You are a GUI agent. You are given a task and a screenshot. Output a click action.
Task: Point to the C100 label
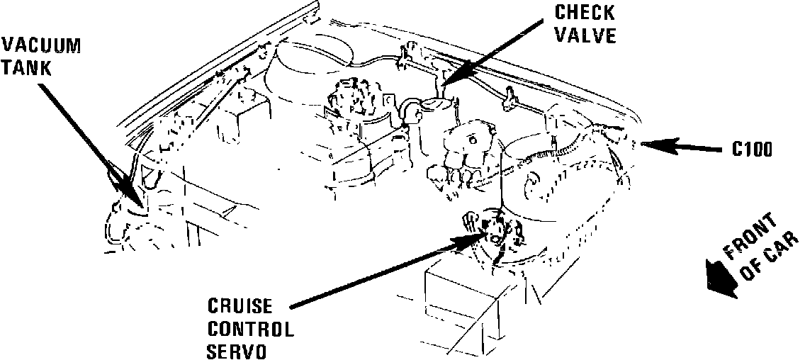[x=753, y=150]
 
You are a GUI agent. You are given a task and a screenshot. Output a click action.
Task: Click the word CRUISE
[x=240, y=307]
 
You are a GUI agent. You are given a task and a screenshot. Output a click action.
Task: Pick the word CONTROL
[x=250, y=330]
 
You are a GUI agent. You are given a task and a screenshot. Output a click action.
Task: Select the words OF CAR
[x=770, y=263]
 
